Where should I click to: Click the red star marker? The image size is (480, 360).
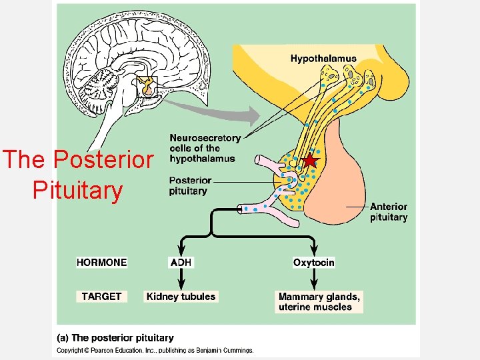309,161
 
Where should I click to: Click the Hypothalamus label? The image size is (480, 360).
323,59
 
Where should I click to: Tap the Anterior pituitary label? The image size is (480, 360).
388,212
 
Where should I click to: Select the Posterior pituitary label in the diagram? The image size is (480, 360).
190,185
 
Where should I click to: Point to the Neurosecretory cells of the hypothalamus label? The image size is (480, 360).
205,148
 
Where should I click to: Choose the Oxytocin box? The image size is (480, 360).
313,262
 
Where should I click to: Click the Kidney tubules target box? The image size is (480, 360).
181,296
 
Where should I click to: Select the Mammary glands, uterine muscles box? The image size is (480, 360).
319,301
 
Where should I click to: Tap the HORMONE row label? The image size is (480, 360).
101,262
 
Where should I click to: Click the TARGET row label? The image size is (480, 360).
101,296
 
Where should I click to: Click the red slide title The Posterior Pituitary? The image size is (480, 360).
78,175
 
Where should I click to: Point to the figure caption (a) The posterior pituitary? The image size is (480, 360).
114,338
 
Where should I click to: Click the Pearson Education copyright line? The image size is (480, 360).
155,350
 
